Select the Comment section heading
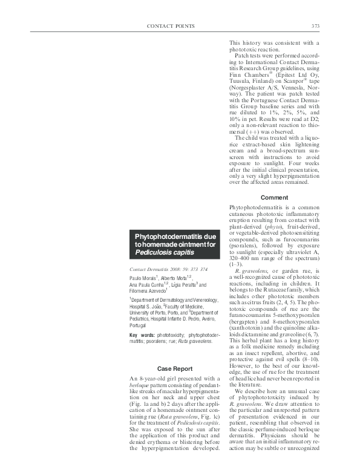click(x=273, y=198)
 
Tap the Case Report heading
click(x=174, y=368)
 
